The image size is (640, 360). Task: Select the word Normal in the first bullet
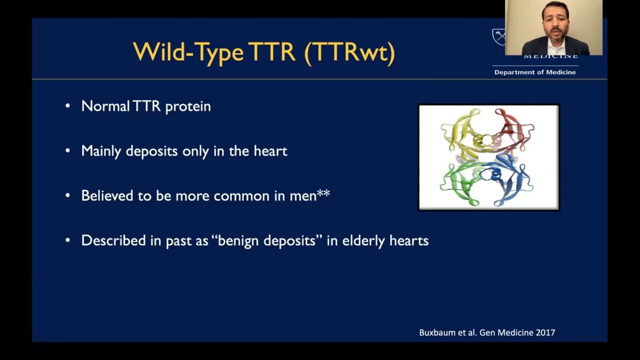[105, 106]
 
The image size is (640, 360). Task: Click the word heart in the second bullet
[270, 151]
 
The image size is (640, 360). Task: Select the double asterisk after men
[323, 193]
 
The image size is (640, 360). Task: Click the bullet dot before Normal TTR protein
[67, 106]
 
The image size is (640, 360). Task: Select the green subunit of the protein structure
[457, 182]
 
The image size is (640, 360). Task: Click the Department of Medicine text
[534, 72]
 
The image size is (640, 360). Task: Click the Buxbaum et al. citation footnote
[486, 332]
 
